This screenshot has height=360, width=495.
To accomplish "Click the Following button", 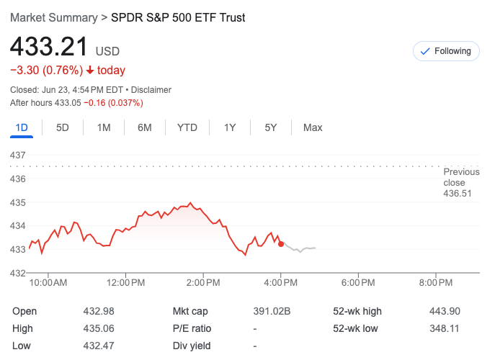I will pyautogui.click(x=446, y=51).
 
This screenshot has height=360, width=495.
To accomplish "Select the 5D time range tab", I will pyautogui.click(x=63, y=127).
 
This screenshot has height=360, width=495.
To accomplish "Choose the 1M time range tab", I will pyautogui.click(x=104, y=127).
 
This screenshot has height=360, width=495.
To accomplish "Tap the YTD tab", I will pyautogui.click(x=187, y=127).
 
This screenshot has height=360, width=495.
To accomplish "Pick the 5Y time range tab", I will pyautogui.click(x=271, y=127).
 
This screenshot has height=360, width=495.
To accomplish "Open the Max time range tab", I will pyautogui.click(x=313, y=127).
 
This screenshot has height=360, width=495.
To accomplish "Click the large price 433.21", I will pyautogui.click(x=48, y=48).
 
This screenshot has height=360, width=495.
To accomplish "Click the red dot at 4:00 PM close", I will pyautogui.click(x=281, y=244).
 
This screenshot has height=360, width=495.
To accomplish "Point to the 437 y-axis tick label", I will pyautogui.click(x=18, y=155).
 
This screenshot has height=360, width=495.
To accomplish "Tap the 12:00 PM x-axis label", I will pyautogui.click(x=125, y=283).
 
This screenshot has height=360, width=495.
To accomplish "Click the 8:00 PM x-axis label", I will pyautogui.click(x=436, y=283).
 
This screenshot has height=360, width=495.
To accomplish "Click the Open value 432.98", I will pyautogui.click(x=99, y=311).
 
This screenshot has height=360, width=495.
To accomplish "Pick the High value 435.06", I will pyautogui.click(x=99, y=328).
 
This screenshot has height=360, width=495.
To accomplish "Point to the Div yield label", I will pyautogui.click(x=192, y=346).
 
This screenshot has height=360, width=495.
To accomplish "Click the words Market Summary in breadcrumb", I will pyautogui.click(x=53, y=17).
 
